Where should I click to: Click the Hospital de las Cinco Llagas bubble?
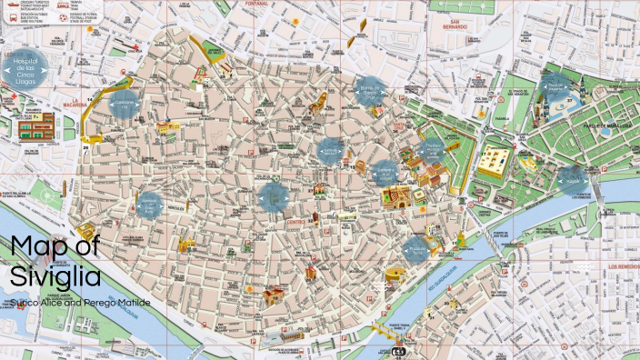click(25, 65)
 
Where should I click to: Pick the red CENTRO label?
click(295, 220)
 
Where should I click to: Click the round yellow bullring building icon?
click(393, 274)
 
